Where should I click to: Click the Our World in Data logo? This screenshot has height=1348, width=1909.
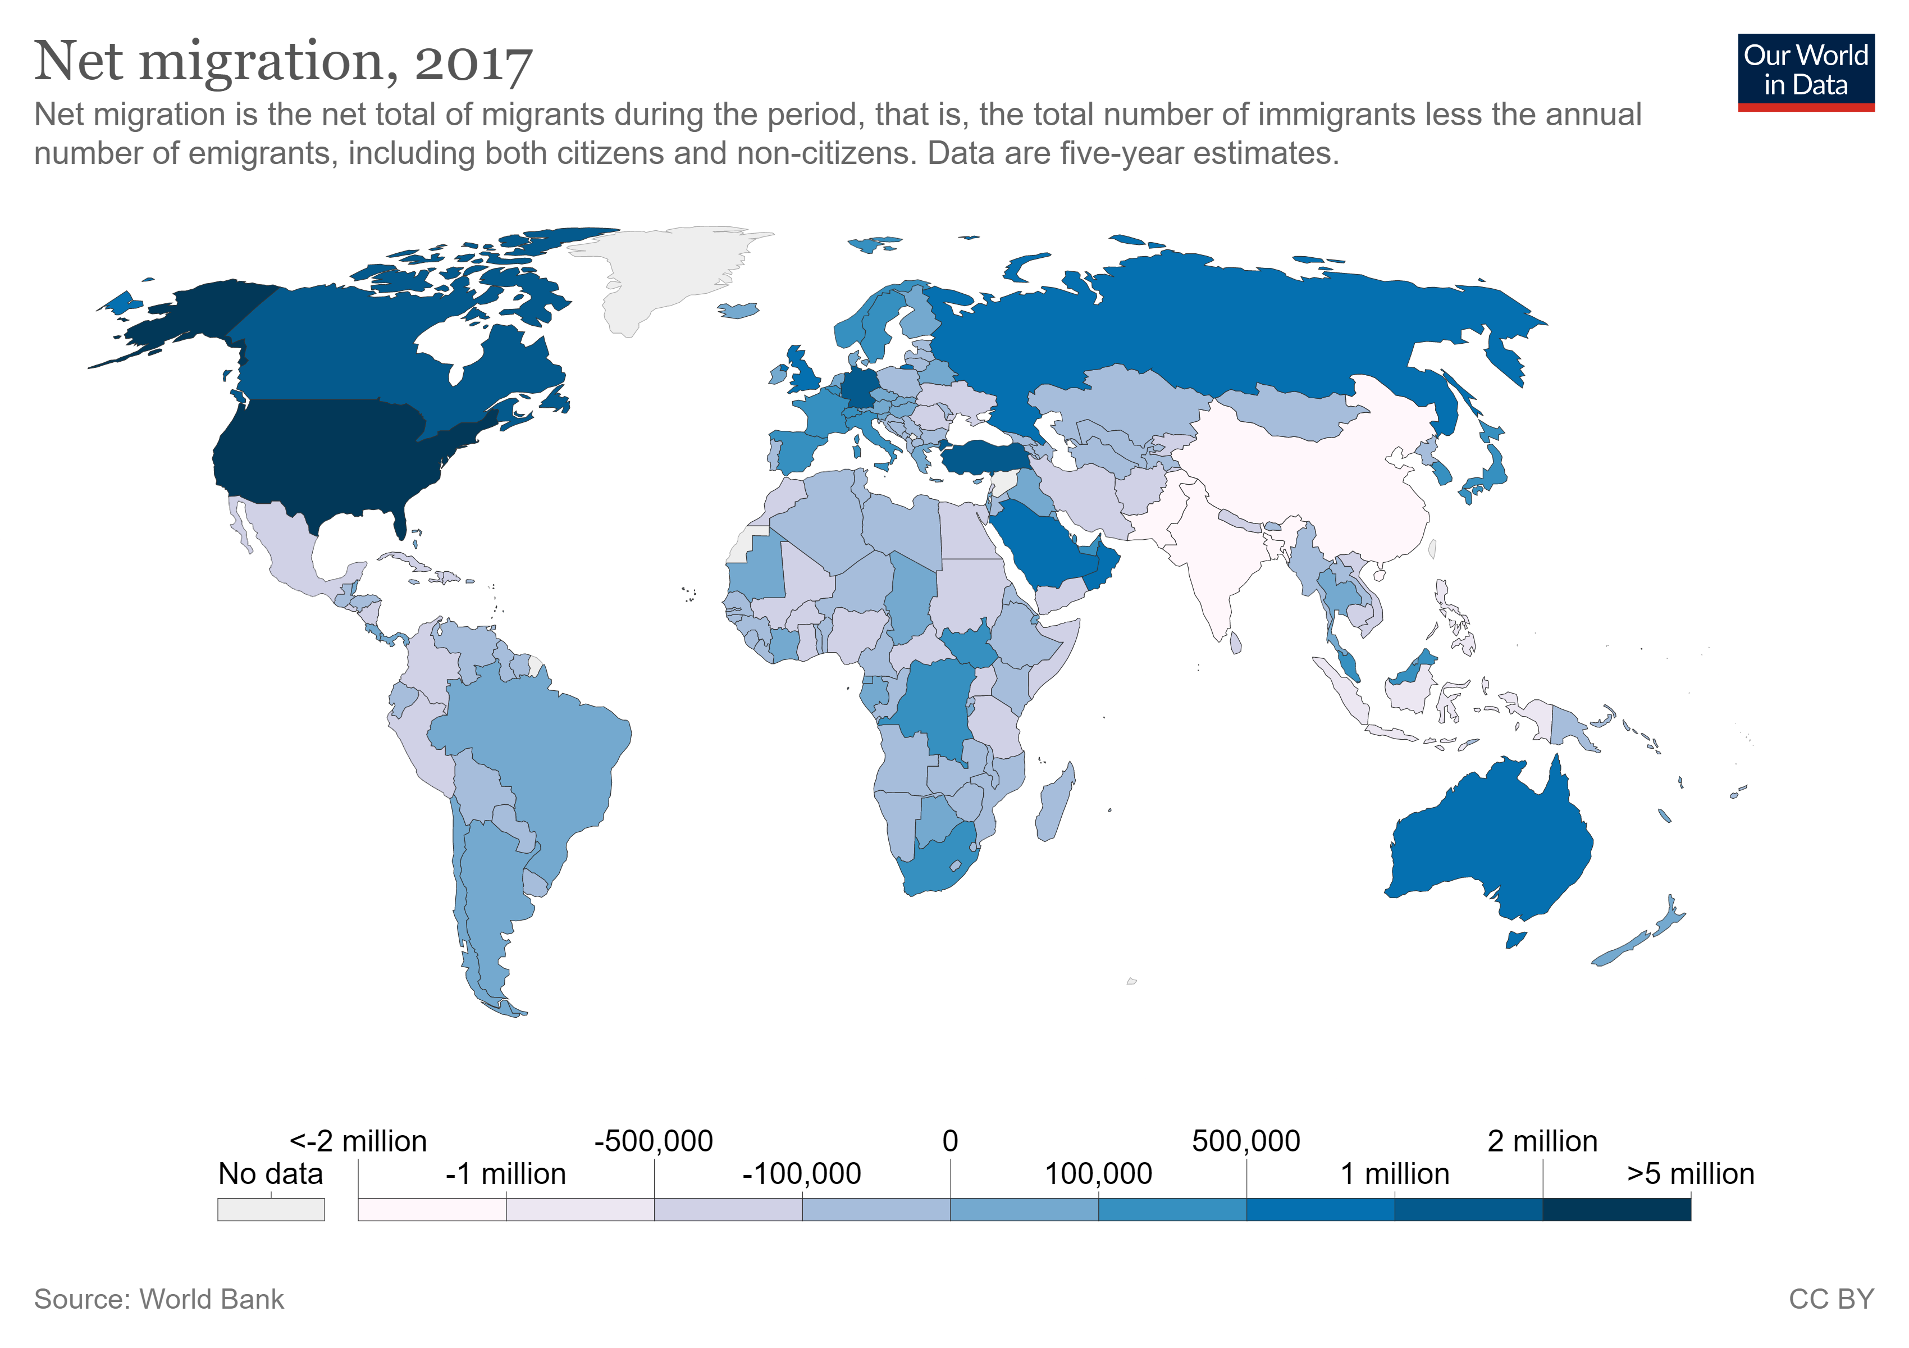(x=1805, y=71)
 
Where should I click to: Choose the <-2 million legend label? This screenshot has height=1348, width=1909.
(x=358, y=1141)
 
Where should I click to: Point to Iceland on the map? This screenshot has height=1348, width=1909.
(x=738, y=310)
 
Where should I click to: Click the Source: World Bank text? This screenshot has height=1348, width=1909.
(x=159, y=1299)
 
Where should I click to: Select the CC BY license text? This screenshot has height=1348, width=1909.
(x=1831, y=1299)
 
